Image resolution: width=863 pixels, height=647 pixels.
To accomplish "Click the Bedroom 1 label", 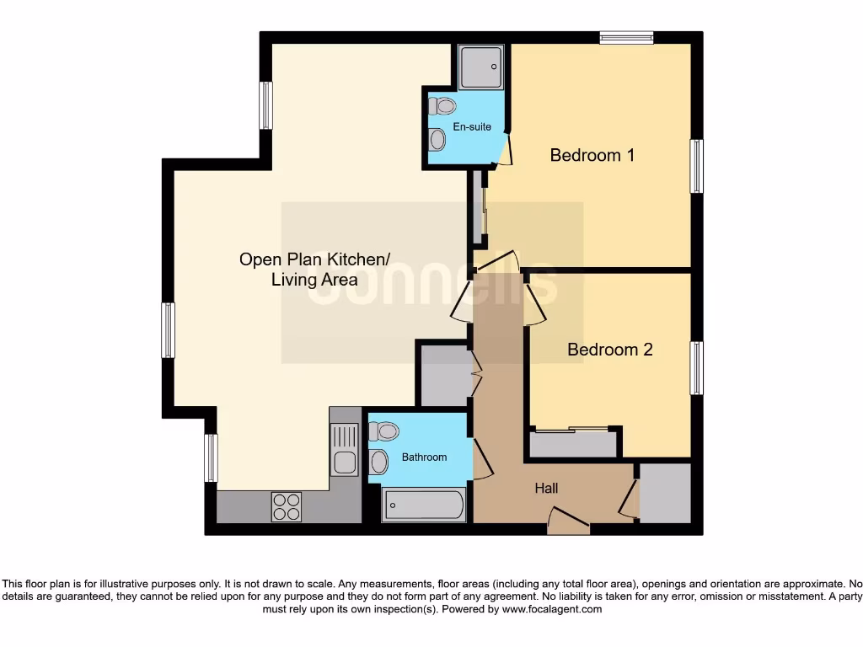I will point(592,156).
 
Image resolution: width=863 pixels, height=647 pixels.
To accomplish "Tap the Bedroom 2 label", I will point(609,350).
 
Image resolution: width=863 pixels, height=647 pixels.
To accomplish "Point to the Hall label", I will point(546,489).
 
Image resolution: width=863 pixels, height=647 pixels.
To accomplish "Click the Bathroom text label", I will point(424,457).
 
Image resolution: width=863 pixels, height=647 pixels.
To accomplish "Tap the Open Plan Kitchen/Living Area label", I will point(314,270).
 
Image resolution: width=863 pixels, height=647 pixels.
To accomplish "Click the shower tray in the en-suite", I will point(481,67).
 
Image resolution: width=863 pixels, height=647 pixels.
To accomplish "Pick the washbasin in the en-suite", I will point(437,140).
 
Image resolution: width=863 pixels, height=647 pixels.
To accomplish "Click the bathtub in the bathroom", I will point(425,505).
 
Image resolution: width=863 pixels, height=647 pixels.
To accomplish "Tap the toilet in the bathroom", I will point(384,432).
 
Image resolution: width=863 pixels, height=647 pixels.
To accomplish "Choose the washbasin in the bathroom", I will point(379,462).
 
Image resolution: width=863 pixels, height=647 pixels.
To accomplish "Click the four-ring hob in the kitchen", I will point(286,505).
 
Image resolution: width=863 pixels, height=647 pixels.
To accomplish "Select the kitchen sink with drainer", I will point(344,450).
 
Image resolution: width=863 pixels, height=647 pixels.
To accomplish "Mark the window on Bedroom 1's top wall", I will point(626,37).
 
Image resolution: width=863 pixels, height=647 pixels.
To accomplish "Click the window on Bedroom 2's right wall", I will point(696,368).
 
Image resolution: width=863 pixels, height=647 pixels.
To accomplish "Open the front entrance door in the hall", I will point(568,522).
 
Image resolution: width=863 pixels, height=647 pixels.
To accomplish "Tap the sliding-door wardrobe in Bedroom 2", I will point(573,443).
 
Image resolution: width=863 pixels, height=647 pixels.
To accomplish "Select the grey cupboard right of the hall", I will point(665,493).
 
